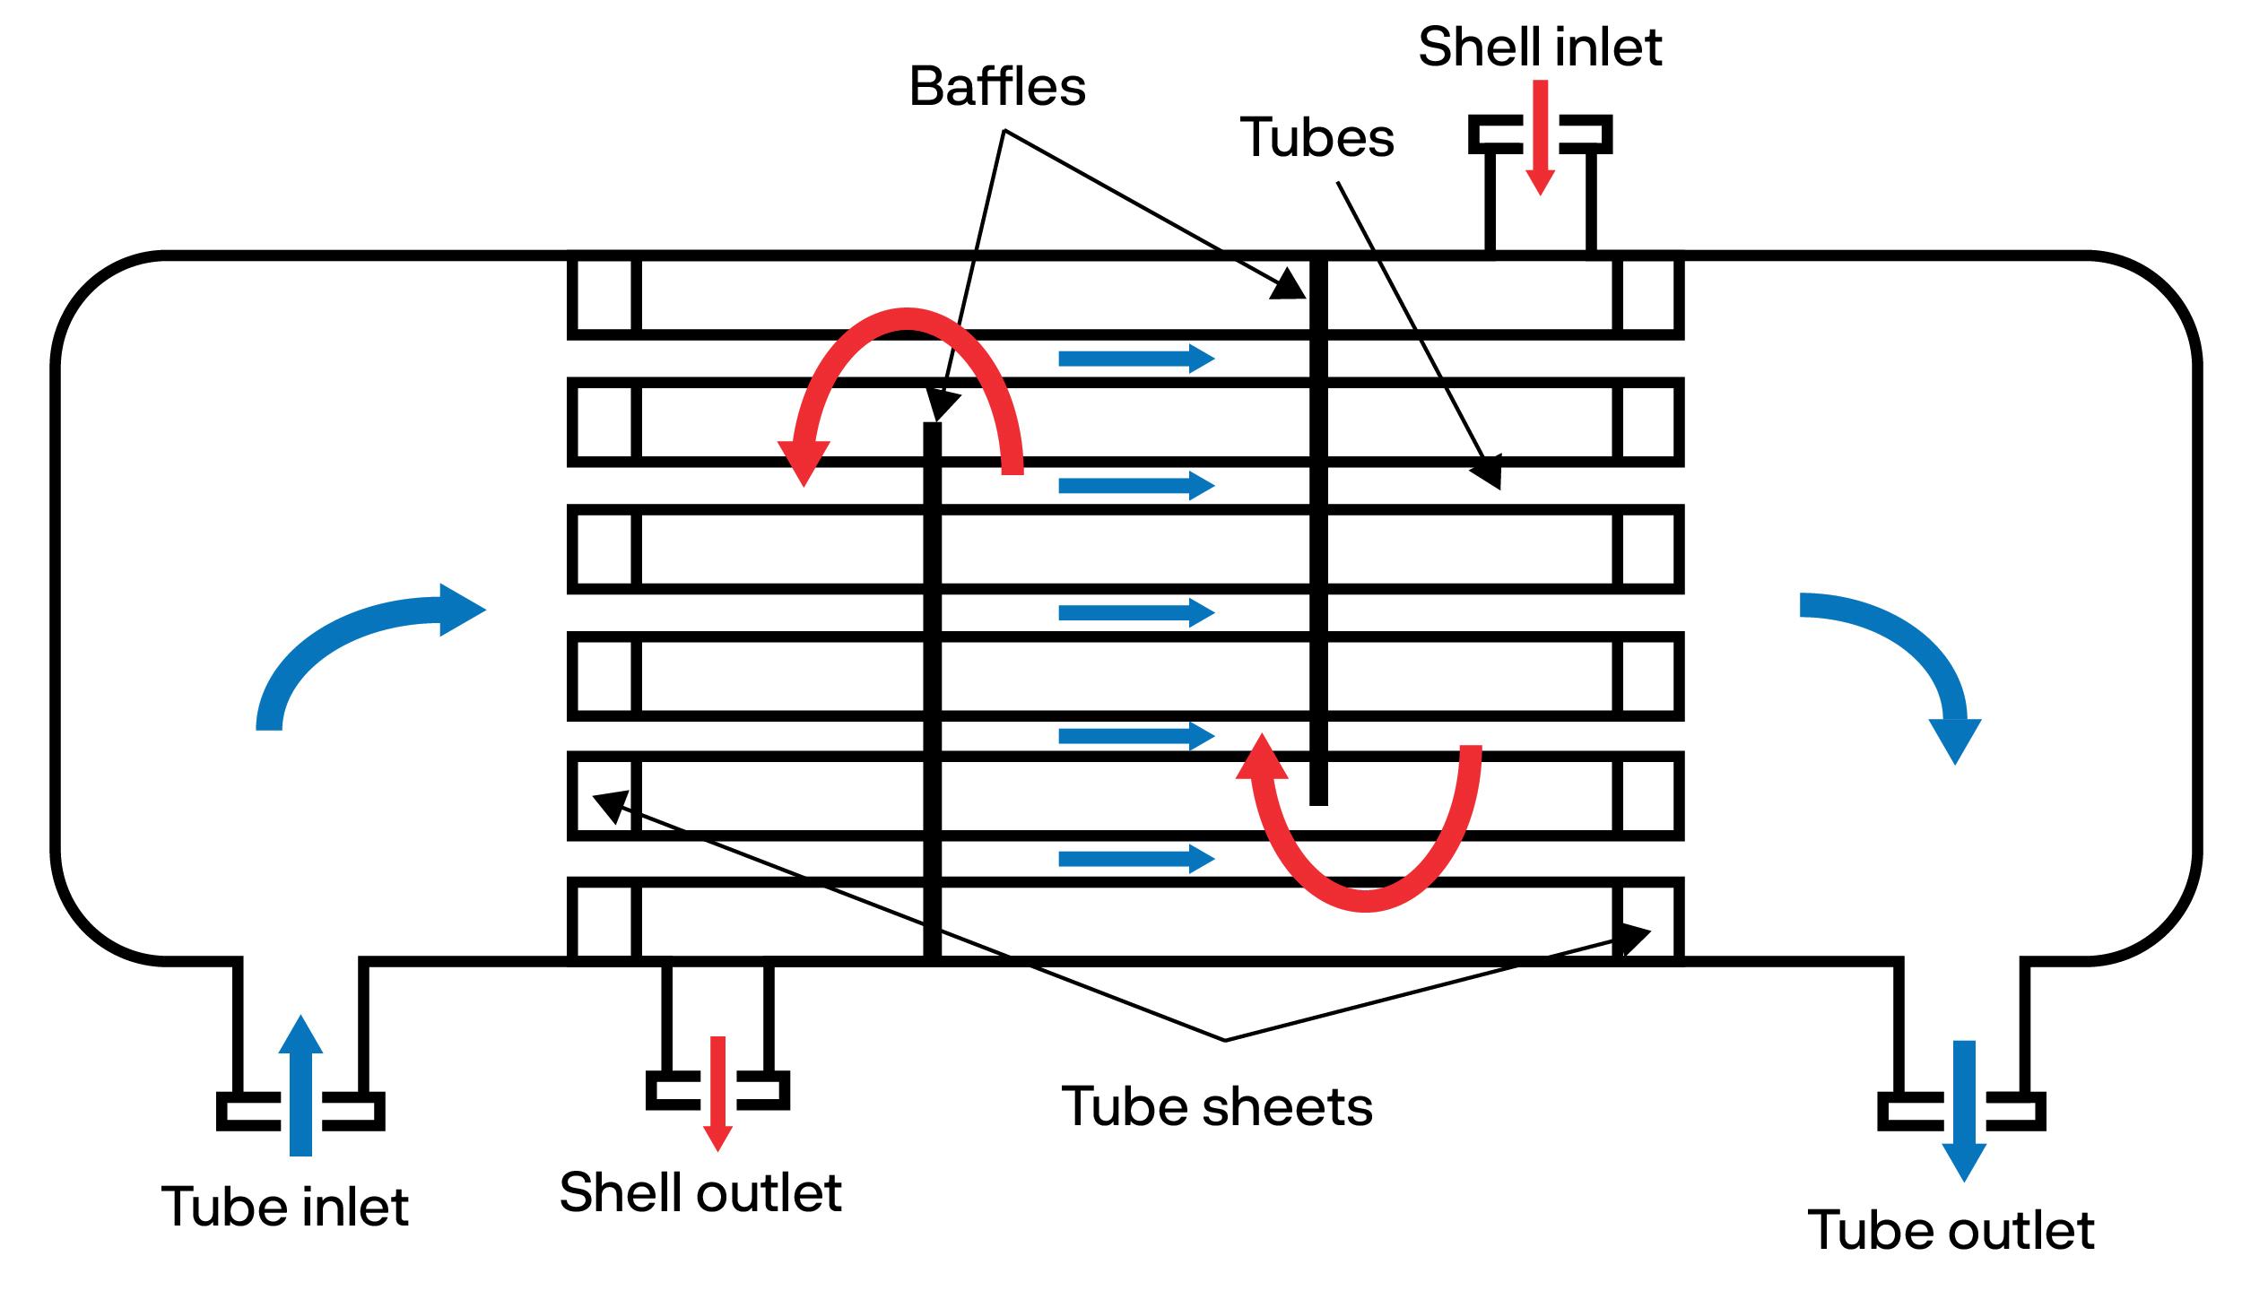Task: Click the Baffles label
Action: click(997, 87)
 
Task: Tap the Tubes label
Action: click(1317, 138)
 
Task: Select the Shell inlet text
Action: click(1540, 47)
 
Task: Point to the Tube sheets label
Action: click(1217, 1105)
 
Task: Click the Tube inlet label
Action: click(285, 1206)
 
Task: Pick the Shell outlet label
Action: click(700, 1191)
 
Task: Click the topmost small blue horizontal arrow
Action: click(1135, 359)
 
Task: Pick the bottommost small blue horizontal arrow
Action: click(1135, 859)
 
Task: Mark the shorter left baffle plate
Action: click(933, 690)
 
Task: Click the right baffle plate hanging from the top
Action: click(1317, 529)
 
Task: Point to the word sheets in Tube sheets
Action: click(1293, 1105)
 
